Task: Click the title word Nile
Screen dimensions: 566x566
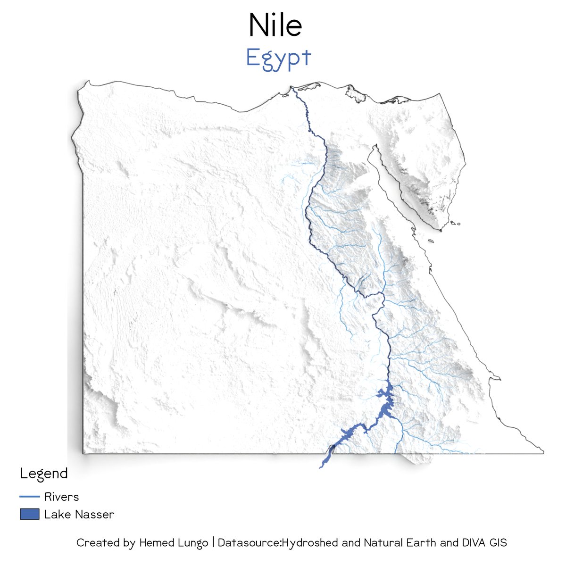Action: [275, 26]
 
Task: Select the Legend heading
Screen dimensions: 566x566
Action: [44, 474]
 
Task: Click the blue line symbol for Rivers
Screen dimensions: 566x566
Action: [29, 497]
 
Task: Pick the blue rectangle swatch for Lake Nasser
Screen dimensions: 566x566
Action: [29, 514]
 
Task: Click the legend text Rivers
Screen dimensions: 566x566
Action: [61, 497]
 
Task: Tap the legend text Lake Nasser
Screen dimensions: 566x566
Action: [79, 514]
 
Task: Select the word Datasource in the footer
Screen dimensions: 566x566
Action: [249, 543]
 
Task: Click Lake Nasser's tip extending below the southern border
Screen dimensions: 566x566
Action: [321, 466]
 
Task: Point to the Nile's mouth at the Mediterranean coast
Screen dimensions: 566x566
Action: [291, 88]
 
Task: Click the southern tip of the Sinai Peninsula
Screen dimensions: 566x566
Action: [441, 230]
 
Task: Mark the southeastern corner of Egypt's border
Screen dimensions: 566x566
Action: [543, 453]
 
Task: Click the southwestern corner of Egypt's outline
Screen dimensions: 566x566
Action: [84, 453]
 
